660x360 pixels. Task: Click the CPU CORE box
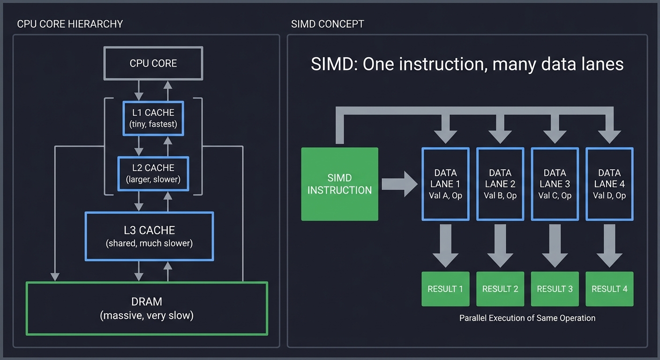(x=153, y=63)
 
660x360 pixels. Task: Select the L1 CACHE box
(x=153, y=118)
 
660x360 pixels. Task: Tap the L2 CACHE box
(x=153, y=173)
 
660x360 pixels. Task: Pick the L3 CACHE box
(x=149, y=236)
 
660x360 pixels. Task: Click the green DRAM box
(x=147, y=308)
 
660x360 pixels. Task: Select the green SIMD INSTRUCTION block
(x=339, y=184)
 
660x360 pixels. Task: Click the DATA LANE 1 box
(x=445, y=184)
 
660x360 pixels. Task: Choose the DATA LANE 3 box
(x=555, y=184)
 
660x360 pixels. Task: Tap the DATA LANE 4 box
(x=609, y=184)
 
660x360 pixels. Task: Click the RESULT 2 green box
(x=500, y=289)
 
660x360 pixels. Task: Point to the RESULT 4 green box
(x=609, y=289)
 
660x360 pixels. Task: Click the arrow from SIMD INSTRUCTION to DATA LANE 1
(x=399, y=184)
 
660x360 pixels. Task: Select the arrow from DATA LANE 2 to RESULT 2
(x=500, y=245)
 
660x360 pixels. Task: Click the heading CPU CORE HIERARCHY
(x=70, y=24)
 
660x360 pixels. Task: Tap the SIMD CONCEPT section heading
(x=327, y=24)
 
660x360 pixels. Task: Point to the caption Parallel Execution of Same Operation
(x=527, y=318)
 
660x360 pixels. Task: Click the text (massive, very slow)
(x=147, y=315)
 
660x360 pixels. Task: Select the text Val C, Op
(x=555, y=195)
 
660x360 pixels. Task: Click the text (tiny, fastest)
(x=153, y=124)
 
